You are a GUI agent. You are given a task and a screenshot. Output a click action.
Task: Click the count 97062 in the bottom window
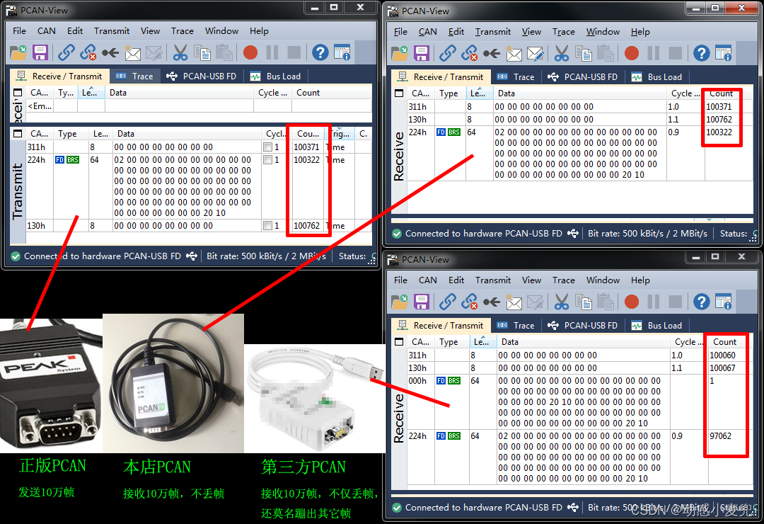(720, 436)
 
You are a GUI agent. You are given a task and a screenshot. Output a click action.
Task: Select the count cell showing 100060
(722, 355)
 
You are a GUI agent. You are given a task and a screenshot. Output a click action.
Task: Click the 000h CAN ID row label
(417, 381)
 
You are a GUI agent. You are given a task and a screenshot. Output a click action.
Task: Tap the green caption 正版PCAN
(52, 466)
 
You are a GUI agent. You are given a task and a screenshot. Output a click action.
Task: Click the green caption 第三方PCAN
(303, 467)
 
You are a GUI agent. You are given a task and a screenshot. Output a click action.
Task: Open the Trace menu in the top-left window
(182, 31)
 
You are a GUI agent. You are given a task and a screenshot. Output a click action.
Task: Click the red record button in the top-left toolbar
(250, 52)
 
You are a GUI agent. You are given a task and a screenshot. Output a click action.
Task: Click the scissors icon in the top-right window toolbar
(562, 53)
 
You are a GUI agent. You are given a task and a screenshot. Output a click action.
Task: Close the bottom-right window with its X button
(741, 257)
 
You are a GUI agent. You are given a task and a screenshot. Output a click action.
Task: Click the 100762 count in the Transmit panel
(307, 226)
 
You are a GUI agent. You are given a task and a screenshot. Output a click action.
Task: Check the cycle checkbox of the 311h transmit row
(267, 147)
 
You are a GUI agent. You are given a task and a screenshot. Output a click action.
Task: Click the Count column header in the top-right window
(721, 93)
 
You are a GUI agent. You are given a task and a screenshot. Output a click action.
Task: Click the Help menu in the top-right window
(640, 32)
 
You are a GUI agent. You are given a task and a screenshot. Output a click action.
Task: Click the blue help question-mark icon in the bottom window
(701, 302)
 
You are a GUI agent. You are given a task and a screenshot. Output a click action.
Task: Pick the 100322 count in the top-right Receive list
(719, 132)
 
